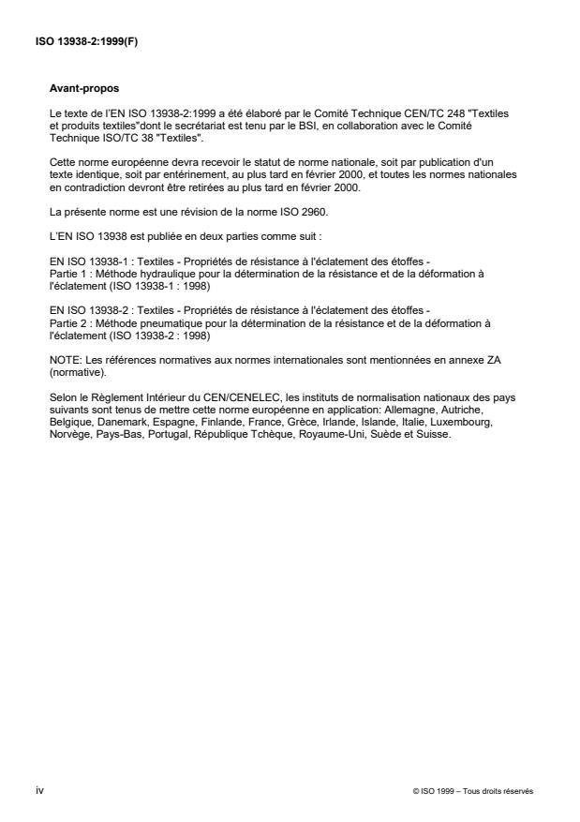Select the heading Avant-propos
pyautogui.click(x=77, y=89)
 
